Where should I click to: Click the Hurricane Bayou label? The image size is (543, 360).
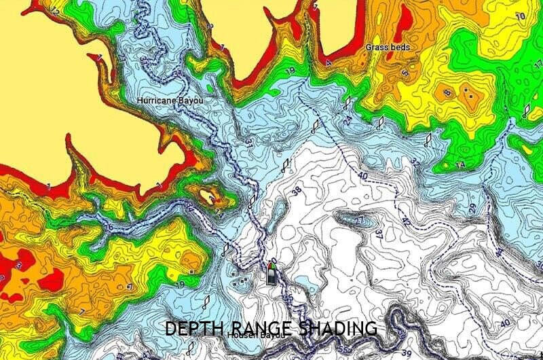[x=170, y=101]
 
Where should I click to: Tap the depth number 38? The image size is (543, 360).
[x=296, y=192]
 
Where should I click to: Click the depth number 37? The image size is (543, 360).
[x=379, y=234]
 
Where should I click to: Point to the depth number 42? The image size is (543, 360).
[x=405, y=221]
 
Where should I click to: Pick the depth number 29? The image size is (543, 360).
[x=472, y=208]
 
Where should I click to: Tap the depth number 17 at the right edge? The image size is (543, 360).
[x=538, y=65]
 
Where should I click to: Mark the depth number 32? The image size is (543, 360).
[x=415, y=162]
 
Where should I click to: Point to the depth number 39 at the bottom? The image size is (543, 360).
[x=406, y=353]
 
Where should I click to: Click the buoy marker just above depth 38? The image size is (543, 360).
[x=286, y=164]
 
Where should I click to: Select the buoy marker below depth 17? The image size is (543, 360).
[x=527, y=110]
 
